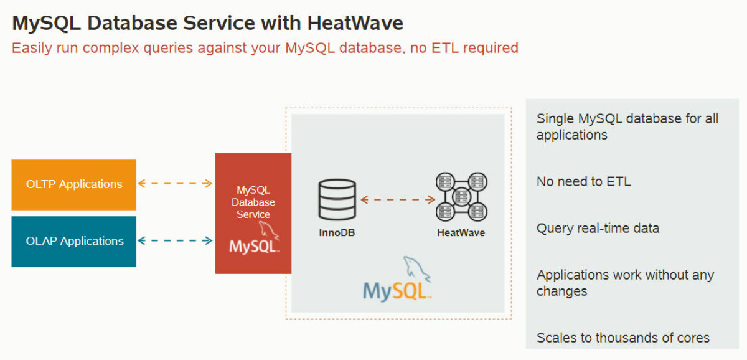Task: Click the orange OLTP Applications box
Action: [x=73, y=184]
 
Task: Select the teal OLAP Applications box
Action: [x=73, y=241]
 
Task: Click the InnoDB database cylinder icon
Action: [x=336, y=200]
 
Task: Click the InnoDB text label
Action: [x=336, y=233]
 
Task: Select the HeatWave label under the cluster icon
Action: [x=461, y=233]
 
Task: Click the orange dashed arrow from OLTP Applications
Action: [x=175, y=184]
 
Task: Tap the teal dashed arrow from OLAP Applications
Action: [x=175, y=240]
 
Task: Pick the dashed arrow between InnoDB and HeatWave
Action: [x=398, y=200]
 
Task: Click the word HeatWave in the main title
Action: [x=355, y=24]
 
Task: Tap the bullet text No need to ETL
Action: [x=583, y=182]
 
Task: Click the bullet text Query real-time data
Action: [x=598, y=229]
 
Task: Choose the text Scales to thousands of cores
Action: [x=622, y=338]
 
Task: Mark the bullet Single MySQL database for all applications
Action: [x=627, y=126]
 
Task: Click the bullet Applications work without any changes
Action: [x=625, y=283]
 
